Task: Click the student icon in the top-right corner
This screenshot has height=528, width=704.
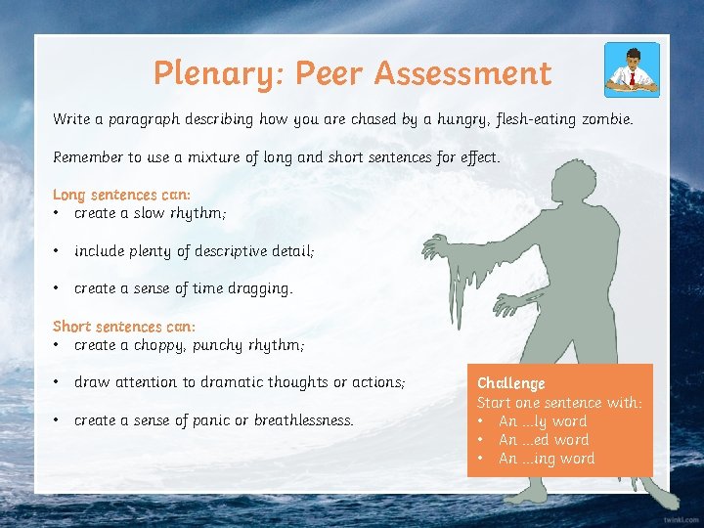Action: pos(632,69)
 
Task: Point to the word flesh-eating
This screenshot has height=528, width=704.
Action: pos(539,119)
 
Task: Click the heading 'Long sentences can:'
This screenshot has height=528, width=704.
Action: pos(121,195)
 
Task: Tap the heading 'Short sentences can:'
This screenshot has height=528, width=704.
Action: pos(124,327)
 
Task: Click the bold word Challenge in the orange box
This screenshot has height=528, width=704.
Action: pos(510,383)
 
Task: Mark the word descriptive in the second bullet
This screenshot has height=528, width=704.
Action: pos(225,251)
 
